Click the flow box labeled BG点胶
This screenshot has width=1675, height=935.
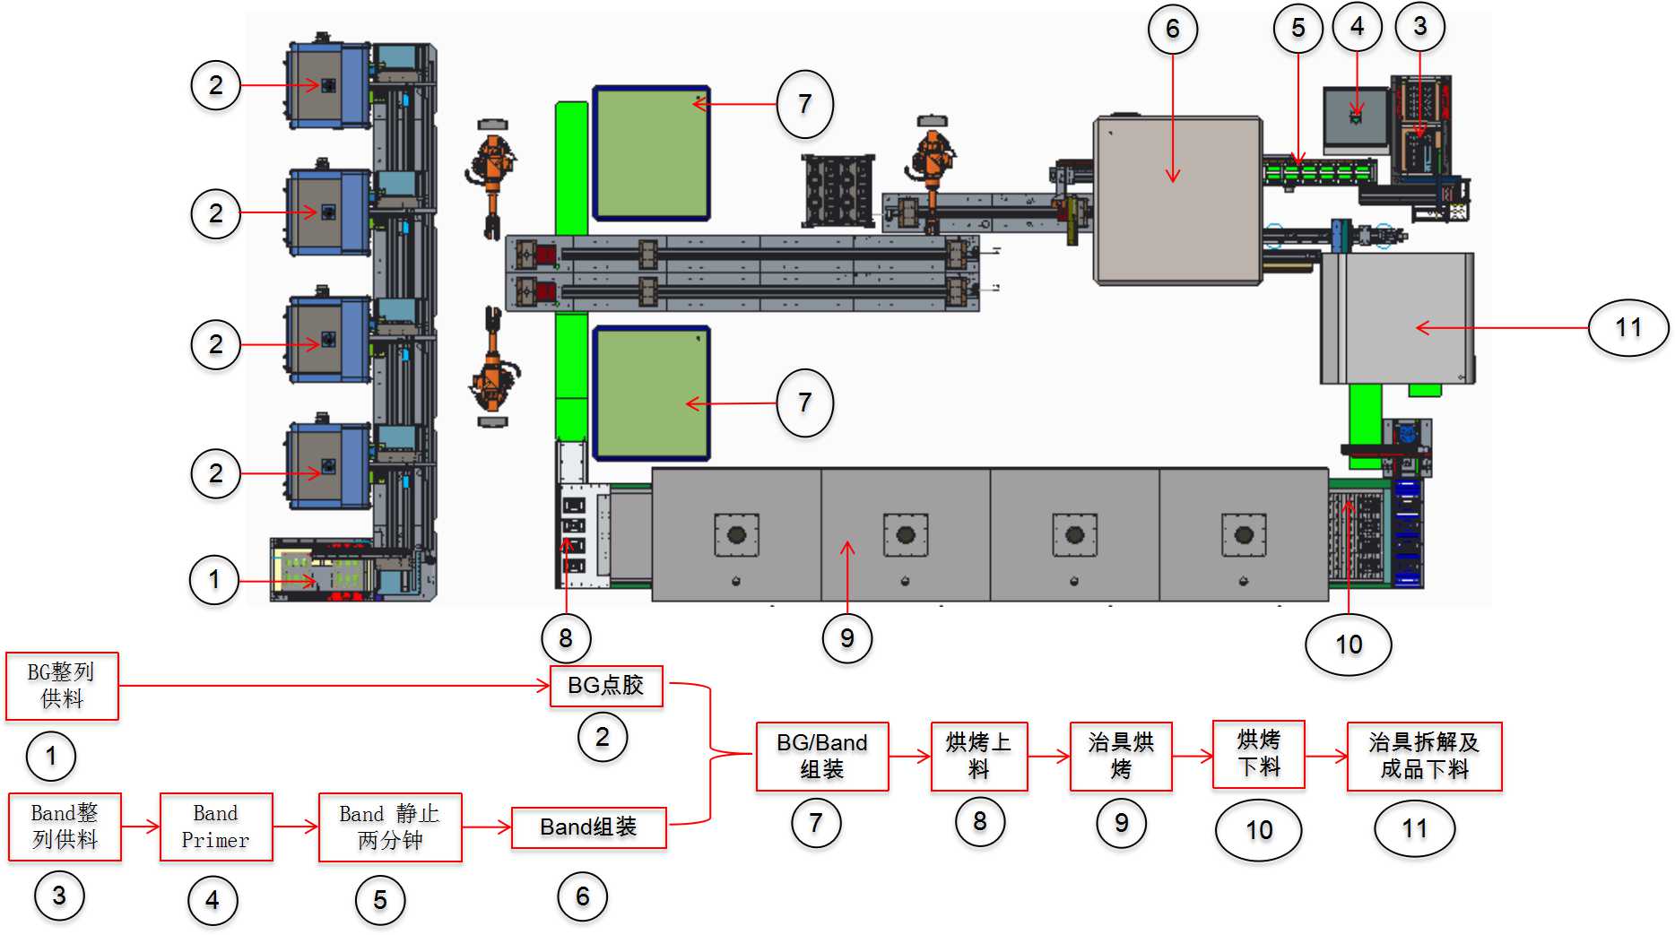pos(605,686)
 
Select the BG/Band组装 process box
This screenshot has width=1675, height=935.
pos(821,756)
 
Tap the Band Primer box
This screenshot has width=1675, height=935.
pos(215,827)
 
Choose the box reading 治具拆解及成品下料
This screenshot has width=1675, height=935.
pos(1423,756)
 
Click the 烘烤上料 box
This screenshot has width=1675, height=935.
pos(978,756)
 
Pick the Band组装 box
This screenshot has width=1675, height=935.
pos(588,827)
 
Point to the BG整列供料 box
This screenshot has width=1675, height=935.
pos(62,686)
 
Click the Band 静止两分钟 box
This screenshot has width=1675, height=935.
pos(390,827)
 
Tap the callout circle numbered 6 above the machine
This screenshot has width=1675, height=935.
pos(1172,30)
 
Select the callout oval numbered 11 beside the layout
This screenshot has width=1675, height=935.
pos(1627,328)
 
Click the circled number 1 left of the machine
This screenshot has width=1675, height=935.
pos(213,579)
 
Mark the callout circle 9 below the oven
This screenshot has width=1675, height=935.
pos(846,638)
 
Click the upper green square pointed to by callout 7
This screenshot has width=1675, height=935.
pos(651,153)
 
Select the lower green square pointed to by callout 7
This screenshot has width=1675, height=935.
pos(651,393)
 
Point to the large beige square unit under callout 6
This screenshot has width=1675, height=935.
pos(1177,201)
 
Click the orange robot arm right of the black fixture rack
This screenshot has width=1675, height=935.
pos(933,166)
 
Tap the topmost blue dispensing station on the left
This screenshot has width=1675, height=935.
pos(328,85)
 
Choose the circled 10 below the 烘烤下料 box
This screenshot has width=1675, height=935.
pos(1258,830)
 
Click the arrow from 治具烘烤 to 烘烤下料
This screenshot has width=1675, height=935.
pos(1192,756)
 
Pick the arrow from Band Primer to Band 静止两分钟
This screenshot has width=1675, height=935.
pos(295,827)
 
